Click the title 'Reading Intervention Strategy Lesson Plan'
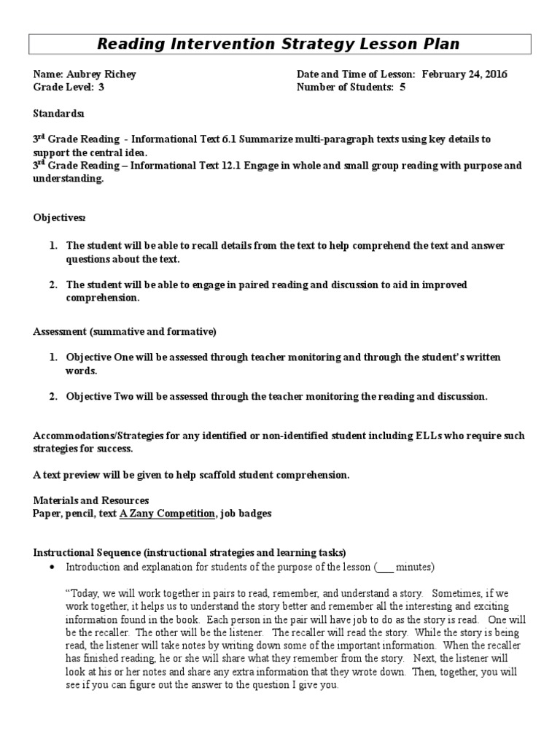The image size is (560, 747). pos(279,44)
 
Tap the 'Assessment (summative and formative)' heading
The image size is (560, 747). pos(125,331)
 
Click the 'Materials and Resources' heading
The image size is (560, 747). pos(91,500)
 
